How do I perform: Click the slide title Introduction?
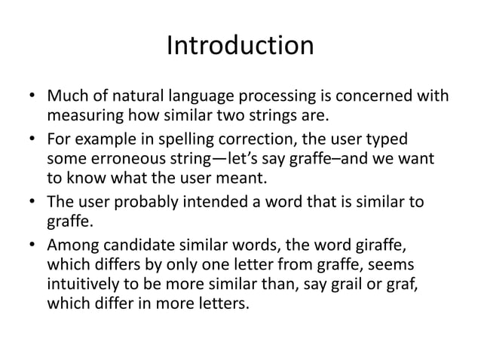point(240,47)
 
